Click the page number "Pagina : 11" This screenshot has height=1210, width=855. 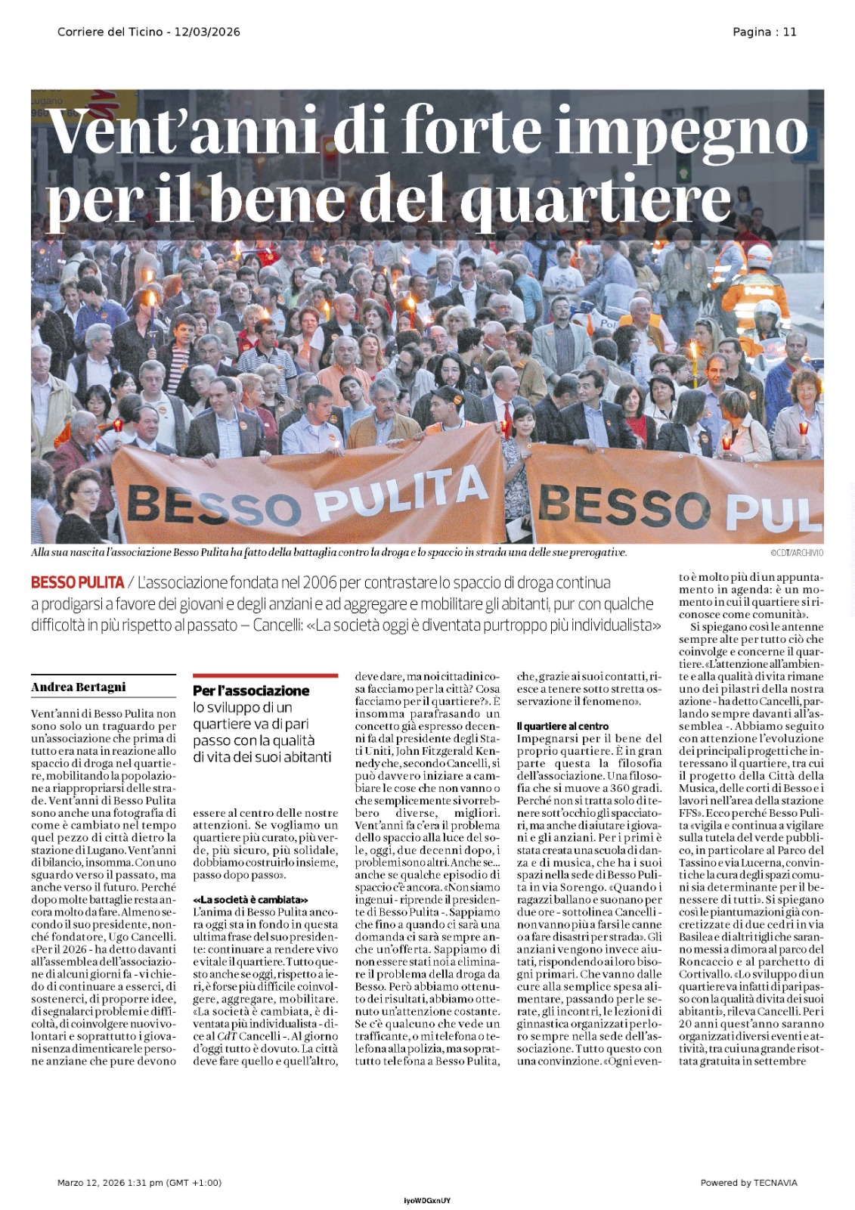[764, 32]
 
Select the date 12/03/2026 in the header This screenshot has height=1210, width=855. [207, 32]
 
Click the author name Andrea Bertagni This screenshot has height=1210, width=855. [78, 687]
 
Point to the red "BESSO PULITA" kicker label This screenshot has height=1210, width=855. [77, 583]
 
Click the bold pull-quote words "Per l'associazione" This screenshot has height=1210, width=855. [251, 690]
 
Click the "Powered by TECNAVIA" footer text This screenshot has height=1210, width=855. [748, 1183]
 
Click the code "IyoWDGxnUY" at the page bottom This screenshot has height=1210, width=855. [427, 1201]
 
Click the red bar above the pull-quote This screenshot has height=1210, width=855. [265, 675]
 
